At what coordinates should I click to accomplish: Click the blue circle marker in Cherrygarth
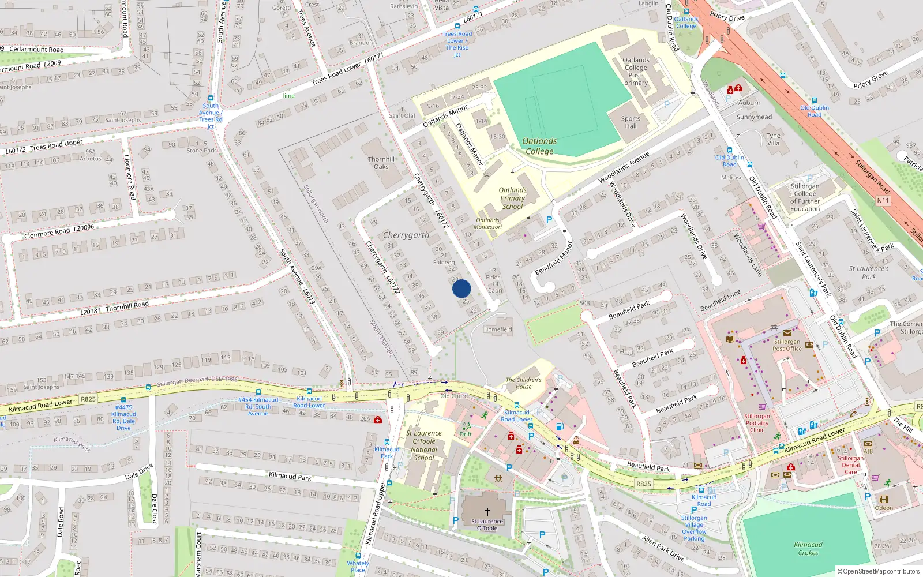pyautogui.click(x=461, y=288)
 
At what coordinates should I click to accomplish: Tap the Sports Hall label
pyautogui.click(x=631, y=122)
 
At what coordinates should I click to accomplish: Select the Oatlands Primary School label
pyautogui.click(x=512, y=198)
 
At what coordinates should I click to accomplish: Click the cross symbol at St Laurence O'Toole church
pyautogui.click(x=487, y=512)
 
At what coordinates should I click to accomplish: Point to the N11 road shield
pyautogui.click(x=883, y=201)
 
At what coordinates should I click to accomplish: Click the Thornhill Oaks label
pyautogui.click(x=381, y=163)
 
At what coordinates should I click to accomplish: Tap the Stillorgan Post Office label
pyautogui.click(x=787, y=345)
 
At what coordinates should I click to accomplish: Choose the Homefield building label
pyautogui.click(x=497, y=329)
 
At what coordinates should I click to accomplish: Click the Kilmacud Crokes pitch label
pyautogui.click(x=808, y=548)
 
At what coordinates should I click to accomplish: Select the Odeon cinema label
pyautogui.click(x=883, y=508)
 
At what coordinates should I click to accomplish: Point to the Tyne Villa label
pyautogui.click(x=773, y=140)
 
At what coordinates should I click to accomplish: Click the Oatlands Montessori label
pyautogui.click(x=488, y=223)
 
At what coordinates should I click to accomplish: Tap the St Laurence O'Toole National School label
pyautogui.click(x=424, y=445)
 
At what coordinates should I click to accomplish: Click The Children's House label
pyautogui.click(x=523, y=383)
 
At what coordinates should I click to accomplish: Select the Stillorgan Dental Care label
pyautogui.click(x=851, y=465)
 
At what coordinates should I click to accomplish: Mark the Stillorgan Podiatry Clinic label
pyautogui.click(x=757, y=423)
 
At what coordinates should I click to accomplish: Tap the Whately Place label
pyautogui.click(x=358, y=566)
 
